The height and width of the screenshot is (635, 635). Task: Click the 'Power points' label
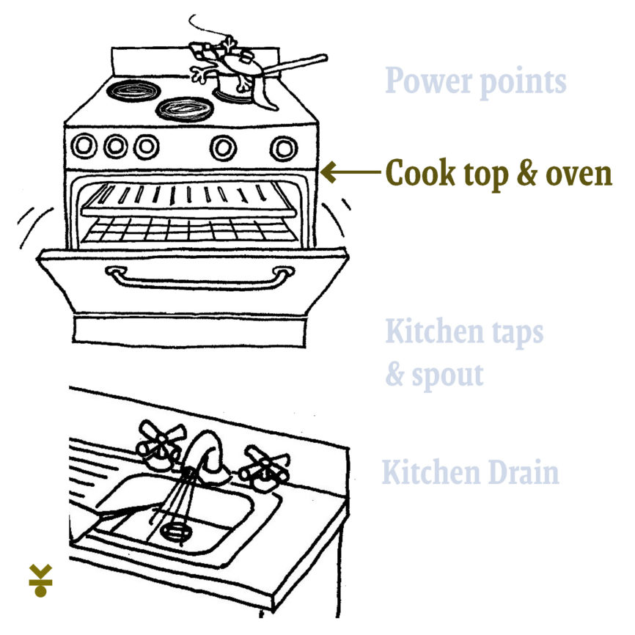coord(475,82)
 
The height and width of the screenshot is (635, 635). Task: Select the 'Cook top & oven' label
coord(499,173)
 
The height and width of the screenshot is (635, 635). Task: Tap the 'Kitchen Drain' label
coord(471,472)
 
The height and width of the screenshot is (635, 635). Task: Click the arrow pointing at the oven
coord(350,172)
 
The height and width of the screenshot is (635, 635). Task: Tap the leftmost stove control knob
coord(84,145)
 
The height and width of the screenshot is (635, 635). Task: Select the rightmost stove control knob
coord(284,149)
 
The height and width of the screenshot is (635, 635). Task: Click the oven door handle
coord(199,277)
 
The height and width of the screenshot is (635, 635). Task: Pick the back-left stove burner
coord(133,90)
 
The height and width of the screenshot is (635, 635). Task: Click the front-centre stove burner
coord(185,109)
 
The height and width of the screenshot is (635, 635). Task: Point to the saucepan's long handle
coord(295,65)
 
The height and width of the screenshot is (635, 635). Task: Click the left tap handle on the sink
coord(160,444)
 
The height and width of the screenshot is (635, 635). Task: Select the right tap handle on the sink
coord(264,468)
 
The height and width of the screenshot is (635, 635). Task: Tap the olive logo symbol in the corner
coord(40,580)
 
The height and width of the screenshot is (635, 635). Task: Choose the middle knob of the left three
coord(116,146)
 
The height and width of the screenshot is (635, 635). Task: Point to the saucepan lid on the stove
coord(242,65)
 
